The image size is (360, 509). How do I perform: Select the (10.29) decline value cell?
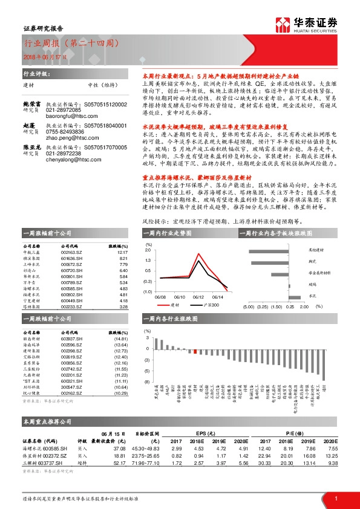coord(122,393)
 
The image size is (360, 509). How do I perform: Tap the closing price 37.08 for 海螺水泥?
coord(119,448)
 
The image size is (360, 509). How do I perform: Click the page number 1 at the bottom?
coord(335,498)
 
